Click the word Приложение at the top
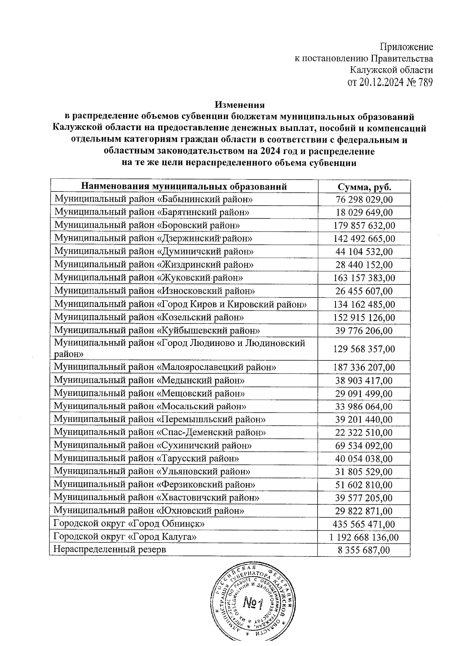click(x=406, y=47)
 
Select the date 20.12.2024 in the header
click(x=379, y=82)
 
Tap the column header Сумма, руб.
click(x=364, y=187)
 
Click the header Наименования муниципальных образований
click(x=184, y=187)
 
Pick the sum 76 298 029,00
click(x=364, y=200)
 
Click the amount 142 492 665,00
click(x=364, y=239)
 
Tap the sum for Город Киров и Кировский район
click(x=364, y=305)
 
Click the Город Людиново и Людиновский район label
click(x=179, y=348)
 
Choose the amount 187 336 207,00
click(x=364, y=368)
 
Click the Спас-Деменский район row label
click(x=160, y=432)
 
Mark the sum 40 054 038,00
click(x=364, y=459)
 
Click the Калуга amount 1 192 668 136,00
click(x=364, y=537)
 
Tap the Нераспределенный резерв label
click(x=110, y=550)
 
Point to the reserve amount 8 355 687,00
click(x=364, y=550)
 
